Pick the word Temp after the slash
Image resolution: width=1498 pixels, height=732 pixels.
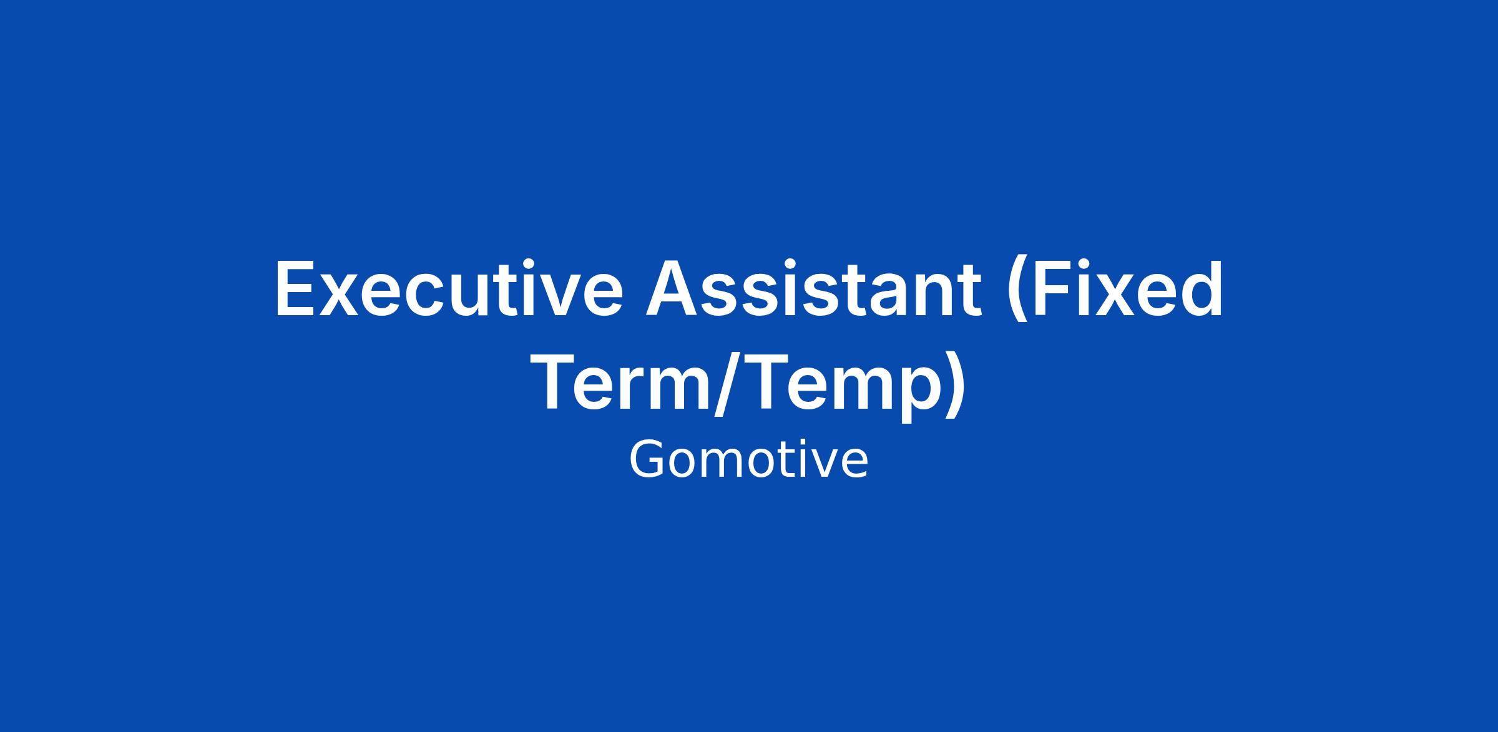pos(835,386)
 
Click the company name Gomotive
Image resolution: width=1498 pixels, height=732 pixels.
pos(748,459)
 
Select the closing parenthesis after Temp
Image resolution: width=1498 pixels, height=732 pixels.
pos(951,386)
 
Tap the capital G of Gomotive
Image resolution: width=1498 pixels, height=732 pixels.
pos(647,459)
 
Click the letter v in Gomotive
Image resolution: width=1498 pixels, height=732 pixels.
pos(814,465)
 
